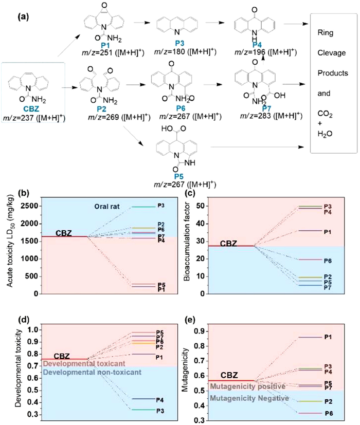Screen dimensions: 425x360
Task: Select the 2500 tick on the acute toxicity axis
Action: [x=34, y=206]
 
